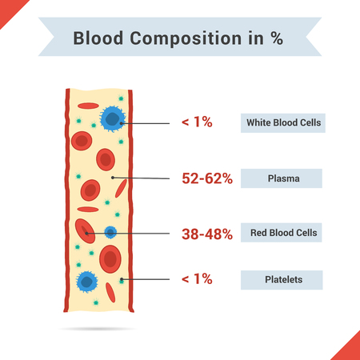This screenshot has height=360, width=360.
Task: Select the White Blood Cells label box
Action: tap(281, 123)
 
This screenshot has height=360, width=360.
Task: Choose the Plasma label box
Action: tap(281, 178)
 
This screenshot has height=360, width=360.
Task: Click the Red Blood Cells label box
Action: tap(281, 234)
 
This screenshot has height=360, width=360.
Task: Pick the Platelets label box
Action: tap(281, 279)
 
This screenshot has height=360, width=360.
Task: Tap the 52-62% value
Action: tap(206, 178)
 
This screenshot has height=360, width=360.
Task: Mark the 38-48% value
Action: tap(206, 234)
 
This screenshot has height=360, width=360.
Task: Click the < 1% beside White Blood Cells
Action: tap(196, 123)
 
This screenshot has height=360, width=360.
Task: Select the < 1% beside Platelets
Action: tap(196, 279)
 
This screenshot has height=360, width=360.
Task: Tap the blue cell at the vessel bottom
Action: tap(86, 282)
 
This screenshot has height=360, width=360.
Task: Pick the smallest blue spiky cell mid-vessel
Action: tap(110, 232)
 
